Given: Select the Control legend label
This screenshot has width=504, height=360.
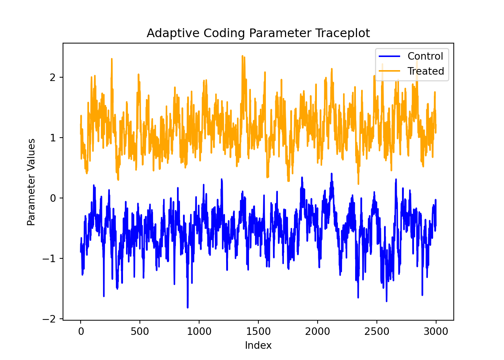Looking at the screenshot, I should tap(425, 56).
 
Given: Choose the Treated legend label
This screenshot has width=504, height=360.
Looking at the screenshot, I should tap(426, 71).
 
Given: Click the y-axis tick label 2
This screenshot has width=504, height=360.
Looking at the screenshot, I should tap(52, 78).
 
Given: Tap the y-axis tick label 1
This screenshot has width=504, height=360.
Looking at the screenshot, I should tap(52, 138).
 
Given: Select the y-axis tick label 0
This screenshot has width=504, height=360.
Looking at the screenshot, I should tap(52, 198).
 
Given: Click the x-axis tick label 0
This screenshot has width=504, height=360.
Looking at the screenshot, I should tap(81, 331).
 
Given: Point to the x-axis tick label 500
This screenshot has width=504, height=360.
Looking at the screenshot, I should tap(140, 331).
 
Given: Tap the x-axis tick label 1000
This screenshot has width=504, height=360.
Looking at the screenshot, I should tap(199, 331).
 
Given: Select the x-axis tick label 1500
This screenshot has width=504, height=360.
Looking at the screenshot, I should tap(258, 331).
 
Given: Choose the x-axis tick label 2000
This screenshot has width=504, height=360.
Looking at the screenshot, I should tap(317, 331).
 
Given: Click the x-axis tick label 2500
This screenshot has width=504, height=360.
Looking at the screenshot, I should tap(376, 331).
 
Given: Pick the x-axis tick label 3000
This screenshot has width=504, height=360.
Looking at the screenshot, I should tap(436, 331).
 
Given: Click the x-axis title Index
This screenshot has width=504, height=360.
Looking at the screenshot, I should tap(258, 345).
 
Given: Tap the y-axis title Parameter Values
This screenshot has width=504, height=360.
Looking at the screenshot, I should tap(31, 182).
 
